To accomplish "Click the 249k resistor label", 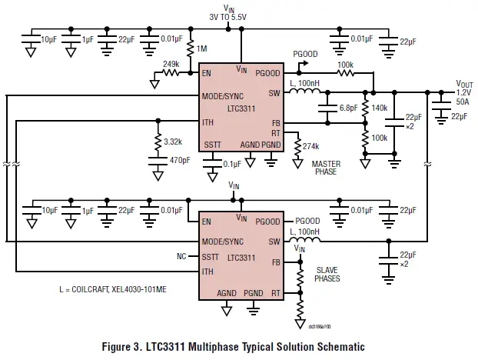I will [171, 64].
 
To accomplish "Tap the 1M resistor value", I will [202, 49].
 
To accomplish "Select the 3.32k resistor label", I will [173, 142].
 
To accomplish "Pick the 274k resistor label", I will [311, 146].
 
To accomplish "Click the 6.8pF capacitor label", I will [348, 108].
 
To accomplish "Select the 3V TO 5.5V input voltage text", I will [230, 15].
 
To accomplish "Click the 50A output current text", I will [463, 101].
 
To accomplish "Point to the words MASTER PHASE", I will [326, 168].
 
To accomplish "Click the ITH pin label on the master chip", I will [208, 122].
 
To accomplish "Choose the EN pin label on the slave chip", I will [207, 221].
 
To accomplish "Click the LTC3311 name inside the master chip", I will [241, 109].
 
